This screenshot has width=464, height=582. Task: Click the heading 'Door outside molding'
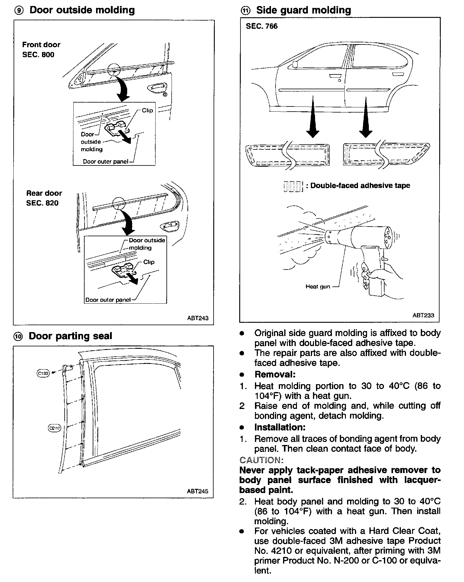[x=82, y=10]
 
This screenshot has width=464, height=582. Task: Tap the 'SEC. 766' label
[x=262, y=26]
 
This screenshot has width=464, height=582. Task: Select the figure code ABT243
[x=198, y=318]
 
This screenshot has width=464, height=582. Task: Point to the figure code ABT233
[x=423, y=315]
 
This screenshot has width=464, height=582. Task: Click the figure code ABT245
[x=198, y=491]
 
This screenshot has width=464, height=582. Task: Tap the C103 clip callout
[x=43, y=374]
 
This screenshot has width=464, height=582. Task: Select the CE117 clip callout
[x=55, y=428]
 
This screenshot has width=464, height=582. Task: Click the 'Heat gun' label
[x=318, y=286]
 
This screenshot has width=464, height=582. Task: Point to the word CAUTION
[x=261, y=460]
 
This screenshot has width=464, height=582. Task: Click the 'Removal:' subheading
[x=275, y=374]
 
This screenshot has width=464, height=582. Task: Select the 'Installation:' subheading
[x=280, y=427]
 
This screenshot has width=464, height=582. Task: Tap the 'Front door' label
[x=41, y=45]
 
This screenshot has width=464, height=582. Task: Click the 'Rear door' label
[x=44, y=193]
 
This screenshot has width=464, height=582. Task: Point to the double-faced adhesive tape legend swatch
[x=293, y=186]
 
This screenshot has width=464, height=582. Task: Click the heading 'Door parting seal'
[x=70, y=336]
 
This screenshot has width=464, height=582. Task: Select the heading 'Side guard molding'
[x=304, y=10]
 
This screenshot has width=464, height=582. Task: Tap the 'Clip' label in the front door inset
[x=147, y=110]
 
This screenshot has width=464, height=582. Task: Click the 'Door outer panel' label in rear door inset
[x=108, y=300]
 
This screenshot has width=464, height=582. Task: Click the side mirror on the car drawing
[x=295, y=64]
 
